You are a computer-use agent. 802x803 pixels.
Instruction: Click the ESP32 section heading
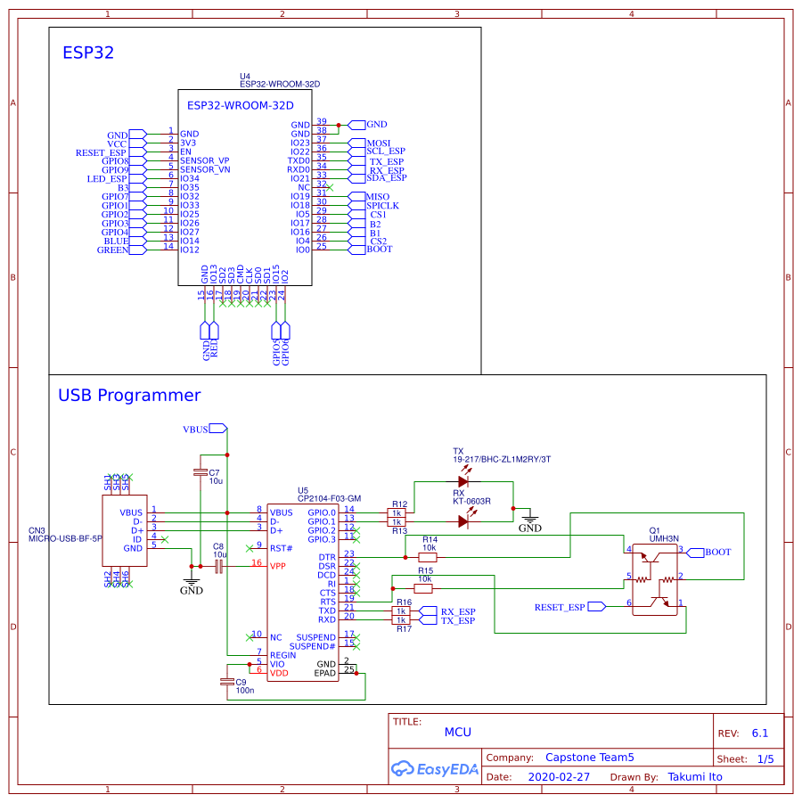click(x=88, y=53)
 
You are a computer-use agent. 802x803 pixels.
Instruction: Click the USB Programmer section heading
click(x=129, y=395)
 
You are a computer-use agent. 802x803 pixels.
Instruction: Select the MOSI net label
click(x=378, y=143)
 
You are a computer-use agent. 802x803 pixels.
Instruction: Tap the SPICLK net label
click(x=382, y=205)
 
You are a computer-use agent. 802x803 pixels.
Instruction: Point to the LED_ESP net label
click(x=108, y=179)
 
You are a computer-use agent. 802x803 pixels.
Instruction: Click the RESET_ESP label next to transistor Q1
click(x=560, y=607)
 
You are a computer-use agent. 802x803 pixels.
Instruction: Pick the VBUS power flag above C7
click(x=196, y=429)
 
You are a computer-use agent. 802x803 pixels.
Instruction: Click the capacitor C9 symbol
click(x=227, y=682)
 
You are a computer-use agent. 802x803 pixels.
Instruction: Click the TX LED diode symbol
click(x=463, y=481)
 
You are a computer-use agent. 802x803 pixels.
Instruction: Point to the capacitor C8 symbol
click(x=217, y=566)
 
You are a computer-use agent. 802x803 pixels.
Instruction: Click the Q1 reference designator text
click(x=655, y=529)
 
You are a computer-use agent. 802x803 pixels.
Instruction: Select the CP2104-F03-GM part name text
click(x=329, y=498)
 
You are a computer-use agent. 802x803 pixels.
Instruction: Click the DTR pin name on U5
click(x=327, y=557)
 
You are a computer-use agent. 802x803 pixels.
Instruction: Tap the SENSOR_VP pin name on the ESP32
click(x=205, y=160)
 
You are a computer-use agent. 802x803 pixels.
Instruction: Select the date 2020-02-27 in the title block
click(x=559, y=776)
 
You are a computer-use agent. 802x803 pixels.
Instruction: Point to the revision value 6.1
click(x=759, y=733)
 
